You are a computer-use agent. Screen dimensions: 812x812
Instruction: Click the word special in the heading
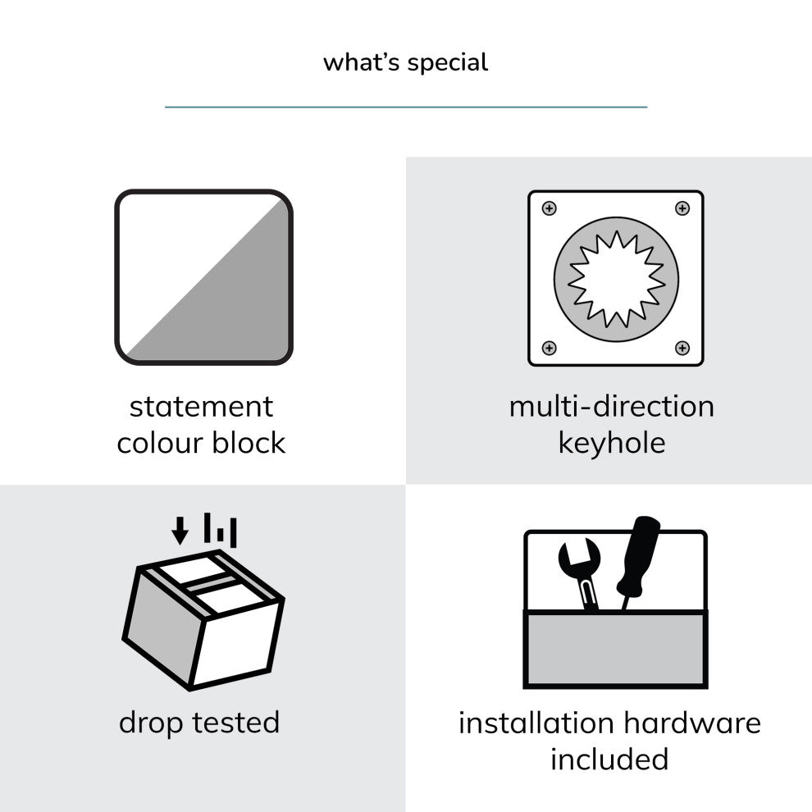(x=448, y=63)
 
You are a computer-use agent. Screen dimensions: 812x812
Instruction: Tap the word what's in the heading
(x=362, y=62)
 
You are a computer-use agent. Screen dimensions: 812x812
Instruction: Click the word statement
(x=201, y=407)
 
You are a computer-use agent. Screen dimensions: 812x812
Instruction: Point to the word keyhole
(x=612, y=444)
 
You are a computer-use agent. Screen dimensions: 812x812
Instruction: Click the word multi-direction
(x=612, y=407)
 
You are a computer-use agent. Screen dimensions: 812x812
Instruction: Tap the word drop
(x=151, y=723)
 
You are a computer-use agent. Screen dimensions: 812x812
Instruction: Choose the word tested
(x=235, y=723)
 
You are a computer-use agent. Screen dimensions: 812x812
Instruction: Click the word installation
(x=536, y=723)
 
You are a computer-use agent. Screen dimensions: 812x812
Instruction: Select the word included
(x=609, y=760)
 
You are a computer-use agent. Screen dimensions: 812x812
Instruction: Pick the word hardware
(x=692, y=723)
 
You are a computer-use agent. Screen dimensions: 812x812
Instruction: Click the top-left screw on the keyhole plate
(x=549, y=208)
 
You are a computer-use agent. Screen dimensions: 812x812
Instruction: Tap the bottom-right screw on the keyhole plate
(x=682, y=348)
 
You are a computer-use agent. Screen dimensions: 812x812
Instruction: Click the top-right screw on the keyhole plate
(x=682, y=208)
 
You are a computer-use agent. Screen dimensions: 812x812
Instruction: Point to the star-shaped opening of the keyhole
(x=616, y=280)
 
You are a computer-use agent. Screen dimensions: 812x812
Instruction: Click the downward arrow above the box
(x=180, y=531)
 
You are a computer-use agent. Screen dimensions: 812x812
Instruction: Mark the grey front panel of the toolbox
(x=616, y=650)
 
